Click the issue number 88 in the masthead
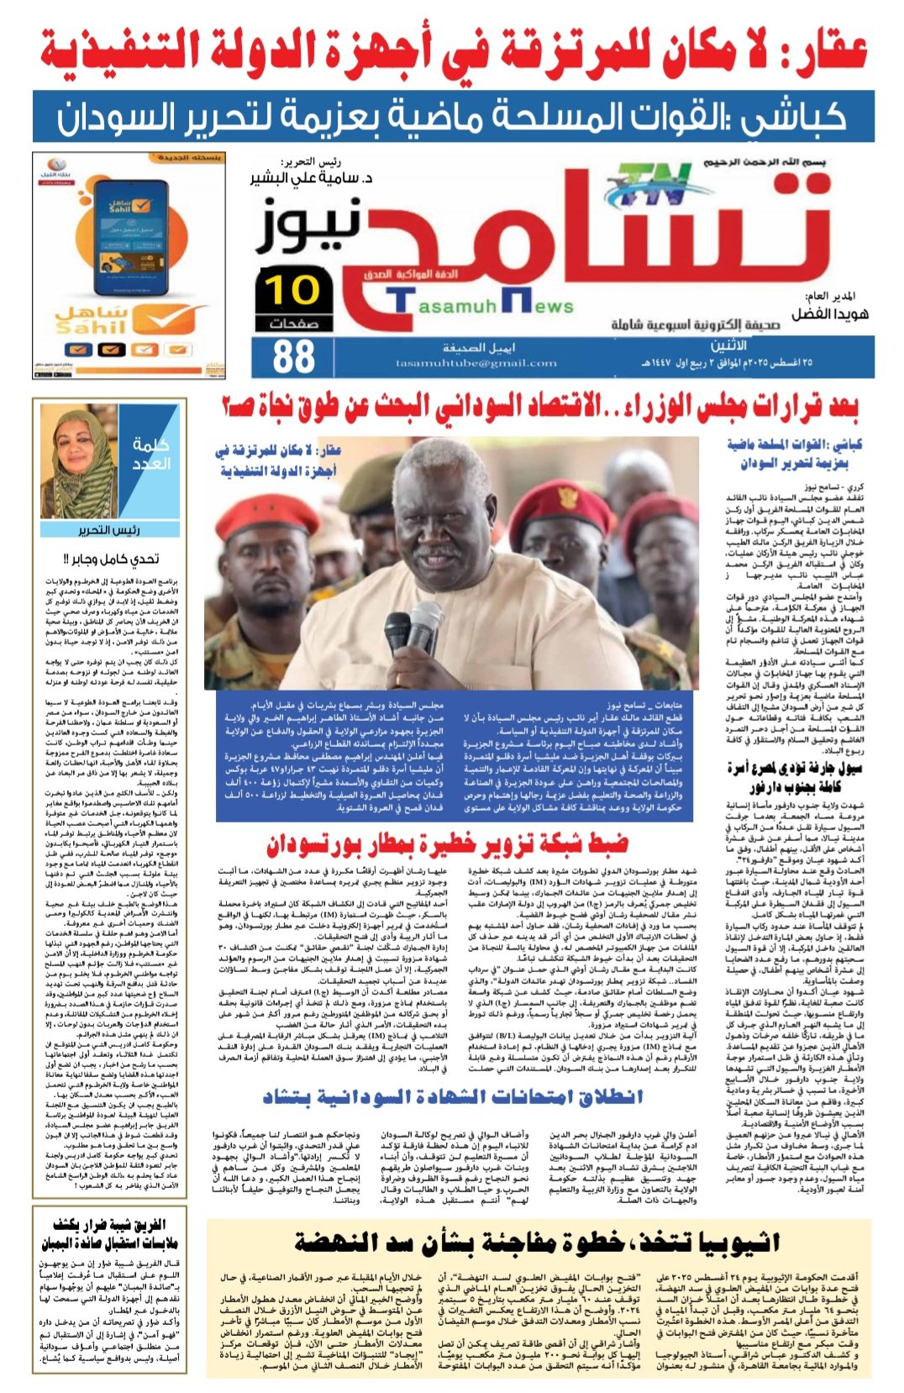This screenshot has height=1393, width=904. coord(294,355)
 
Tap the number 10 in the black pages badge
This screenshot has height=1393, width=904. coord(292,290)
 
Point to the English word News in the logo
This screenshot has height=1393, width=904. coord(542,306)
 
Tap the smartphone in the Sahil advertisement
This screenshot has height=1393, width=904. coord(126,237)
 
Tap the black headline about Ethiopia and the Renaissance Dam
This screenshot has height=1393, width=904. coord(538,1242)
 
